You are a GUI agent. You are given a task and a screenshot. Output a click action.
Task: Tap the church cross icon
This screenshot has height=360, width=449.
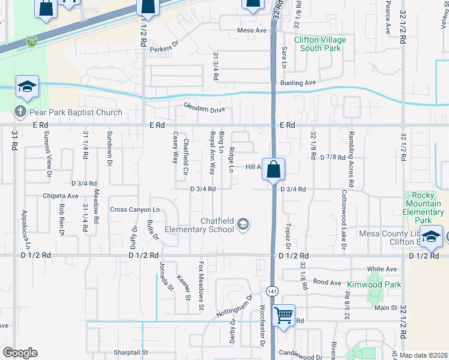click(x=20, y=112)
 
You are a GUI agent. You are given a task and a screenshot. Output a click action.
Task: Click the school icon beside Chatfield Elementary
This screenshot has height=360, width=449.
click(x=243, y=226)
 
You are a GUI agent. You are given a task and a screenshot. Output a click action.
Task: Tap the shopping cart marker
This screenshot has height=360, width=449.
click(x=283, y=315)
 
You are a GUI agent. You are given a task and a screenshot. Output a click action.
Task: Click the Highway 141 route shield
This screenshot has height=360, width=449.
click(x=272, y=290)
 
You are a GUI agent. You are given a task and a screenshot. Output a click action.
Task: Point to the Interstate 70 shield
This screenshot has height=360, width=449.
click(x=31, y=41)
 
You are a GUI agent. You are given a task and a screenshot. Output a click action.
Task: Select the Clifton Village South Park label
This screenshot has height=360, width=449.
click(x=320, y=44)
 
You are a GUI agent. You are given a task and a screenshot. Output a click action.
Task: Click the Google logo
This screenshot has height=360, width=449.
click(x=20, y=353)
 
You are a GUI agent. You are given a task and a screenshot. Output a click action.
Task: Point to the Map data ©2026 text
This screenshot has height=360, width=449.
click(x=423, y=355)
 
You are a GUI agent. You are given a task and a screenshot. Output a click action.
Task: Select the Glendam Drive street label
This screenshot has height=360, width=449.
click(x=204, y=109)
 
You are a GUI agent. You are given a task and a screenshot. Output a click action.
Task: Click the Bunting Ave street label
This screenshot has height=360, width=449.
click(x=297, y=83)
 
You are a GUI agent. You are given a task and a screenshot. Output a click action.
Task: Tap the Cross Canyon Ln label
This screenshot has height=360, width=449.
click(x=134, y=209)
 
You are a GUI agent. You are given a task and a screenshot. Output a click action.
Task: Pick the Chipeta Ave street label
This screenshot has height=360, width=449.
click(x=60, y=196)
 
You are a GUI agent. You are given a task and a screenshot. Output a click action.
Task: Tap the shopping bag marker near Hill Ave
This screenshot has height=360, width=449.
click(x=273, y=170)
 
